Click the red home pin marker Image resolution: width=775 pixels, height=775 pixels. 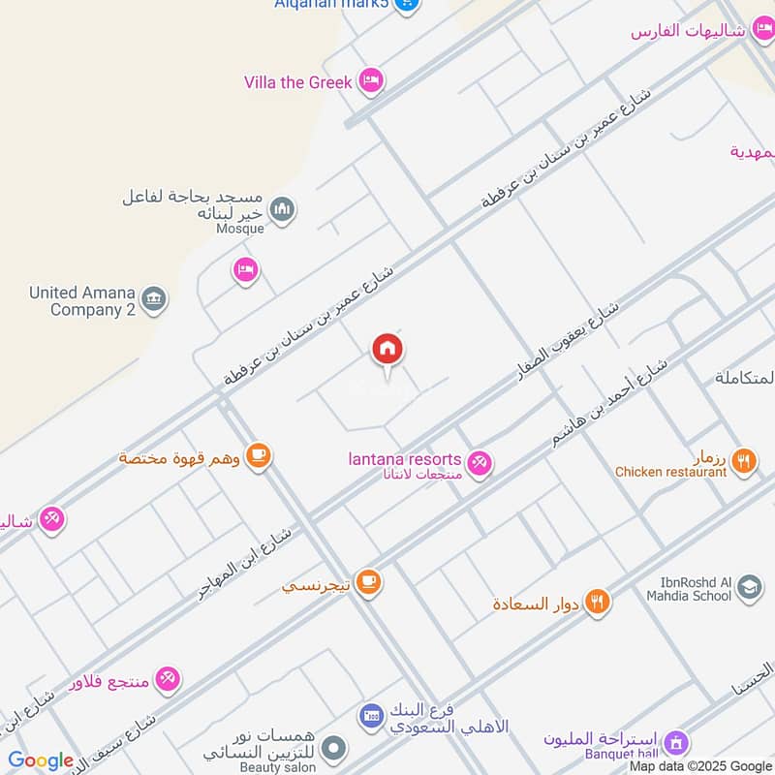click(x=387, y=350)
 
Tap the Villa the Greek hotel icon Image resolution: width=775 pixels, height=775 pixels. click(x=369, y=81)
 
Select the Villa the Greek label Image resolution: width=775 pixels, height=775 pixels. click(x=297, y=82)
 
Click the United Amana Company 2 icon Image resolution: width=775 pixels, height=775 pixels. click(x=153, y=299)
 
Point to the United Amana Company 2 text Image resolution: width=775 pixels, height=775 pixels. click(x=81, y=301)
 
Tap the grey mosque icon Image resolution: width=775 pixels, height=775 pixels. click(x=282, y=209)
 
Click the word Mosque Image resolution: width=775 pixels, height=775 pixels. click(x=239, y=229)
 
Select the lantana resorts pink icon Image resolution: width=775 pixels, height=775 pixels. click(x=479, y=464)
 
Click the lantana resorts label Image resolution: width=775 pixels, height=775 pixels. click(x=406, y=458)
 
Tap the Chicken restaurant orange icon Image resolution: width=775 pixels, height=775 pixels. click(x=744, y=461)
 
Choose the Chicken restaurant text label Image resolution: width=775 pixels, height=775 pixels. click(x=670, y=472)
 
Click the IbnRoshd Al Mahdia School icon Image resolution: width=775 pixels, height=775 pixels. click(x=749, y=587)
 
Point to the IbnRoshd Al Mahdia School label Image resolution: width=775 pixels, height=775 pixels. click(x=683, y=588)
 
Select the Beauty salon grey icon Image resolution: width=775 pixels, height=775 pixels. click(x=334, y=748)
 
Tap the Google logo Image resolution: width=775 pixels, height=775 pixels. click(x=41, y=761)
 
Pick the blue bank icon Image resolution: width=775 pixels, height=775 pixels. click(x=371, y=717)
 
